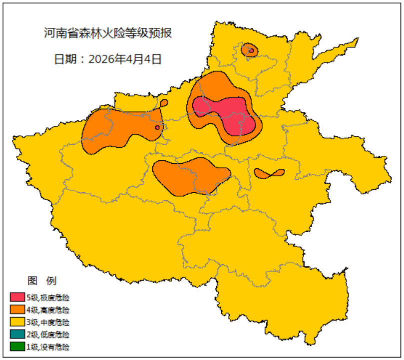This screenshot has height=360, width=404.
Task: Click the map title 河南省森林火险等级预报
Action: tap(108, 33)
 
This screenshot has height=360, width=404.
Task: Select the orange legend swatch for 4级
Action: tap(17, 310)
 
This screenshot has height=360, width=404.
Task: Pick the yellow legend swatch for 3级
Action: tap(17, 322)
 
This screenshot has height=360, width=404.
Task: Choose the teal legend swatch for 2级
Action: tap(17, 334)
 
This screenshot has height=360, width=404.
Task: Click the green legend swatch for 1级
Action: tap(17, 346)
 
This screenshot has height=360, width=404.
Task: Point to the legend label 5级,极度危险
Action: tap(48, 298)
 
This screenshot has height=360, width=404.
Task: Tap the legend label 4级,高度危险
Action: tap(48, 310)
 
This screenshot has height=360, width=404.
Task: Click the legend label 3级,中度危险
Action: tap(48, 322)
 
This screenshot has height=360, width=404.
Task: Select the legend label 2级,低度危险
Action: tap(48, 334)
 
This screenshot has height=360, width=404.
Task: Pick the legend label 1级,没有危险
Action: tap(48, 346)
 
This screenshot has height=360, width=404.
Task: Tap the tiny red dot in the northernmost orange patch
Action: tap(252, 50)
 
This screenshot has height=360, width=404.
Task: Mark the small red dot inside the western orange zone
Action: tap(157, 127)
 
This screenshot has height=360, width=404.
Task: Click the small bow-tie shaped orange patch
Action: tap(269, 173)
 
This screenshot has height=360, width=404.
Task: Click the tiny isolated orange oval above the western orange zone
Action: tap(164, 103)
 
